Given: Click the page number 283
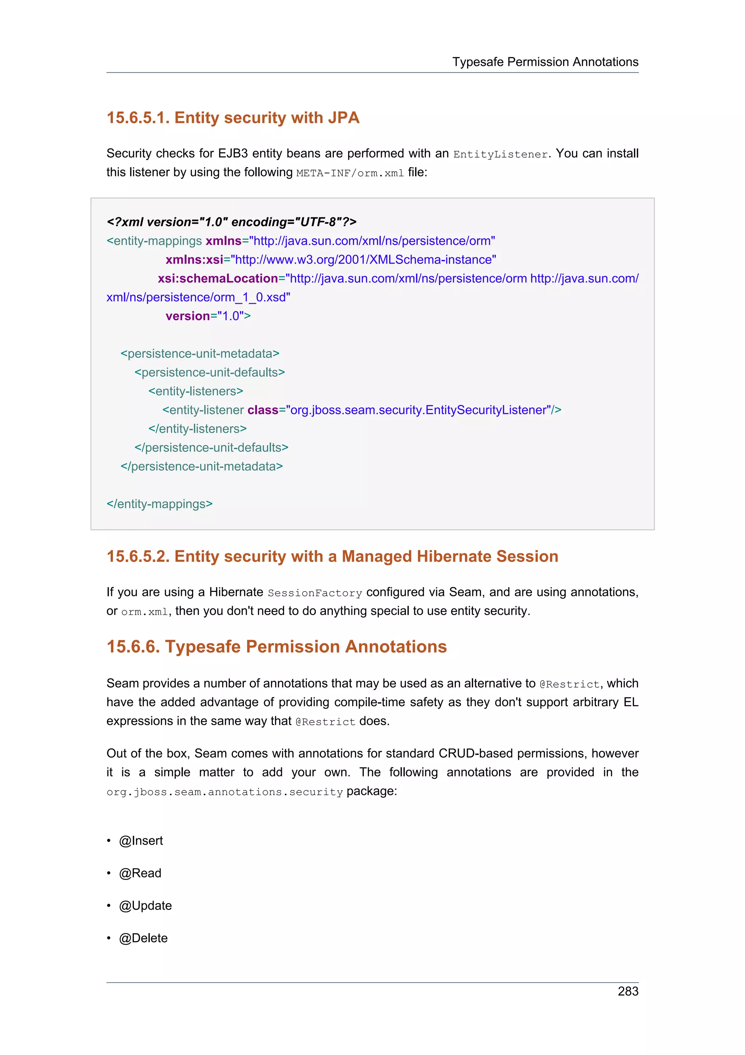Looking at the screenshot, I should pyautogui.click(x=628, y=991).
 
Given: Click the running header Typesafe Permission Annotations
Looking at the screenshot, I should pyautogui.click(x=545, y=62).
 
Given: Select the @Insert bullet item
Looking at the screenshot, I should pyautogui.click(x=140, y=841).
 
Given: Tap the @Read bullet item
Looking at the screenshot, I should pyautogui.click(x=140, y=873).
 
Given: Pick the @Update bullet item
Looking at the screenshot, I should pyautogui.click(x=145, y=905).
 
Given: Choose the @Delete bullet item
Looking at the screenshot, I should pyautogui.click(x=143, y=938).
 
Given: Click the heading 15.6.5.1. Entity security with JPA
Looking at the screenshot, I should pyautogui.click(x=233, y=118).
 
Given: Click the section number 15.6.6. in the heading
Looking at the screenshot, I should pyautogui.click(x=133, y=647).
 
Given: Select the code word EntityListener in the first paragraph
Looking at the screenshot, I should pyautogui.click(x=500, y=154).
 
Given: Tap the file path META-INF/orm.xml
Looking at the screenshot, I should pyautogui.click(x=350, y=173).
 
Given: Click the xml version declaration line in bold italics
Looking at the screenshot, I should pyautogui.click(x=231, y=222).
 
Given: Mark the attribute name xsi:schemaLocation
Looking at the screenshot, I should pyautogui.click(x=218, y=278).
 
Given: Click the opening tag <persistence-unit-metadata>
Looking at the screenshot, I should pyautogui.click(x=200, y=353).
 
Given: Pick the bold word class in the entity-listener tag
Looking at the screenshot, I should pyautogui.click(x=263, y=410).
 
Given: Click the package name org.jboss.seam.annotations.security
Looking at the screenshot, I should pyautogui.click(x=224, y=792).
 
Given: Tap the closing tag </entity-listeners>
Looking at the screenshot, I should pyautogui.click(x=198, y=429).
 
